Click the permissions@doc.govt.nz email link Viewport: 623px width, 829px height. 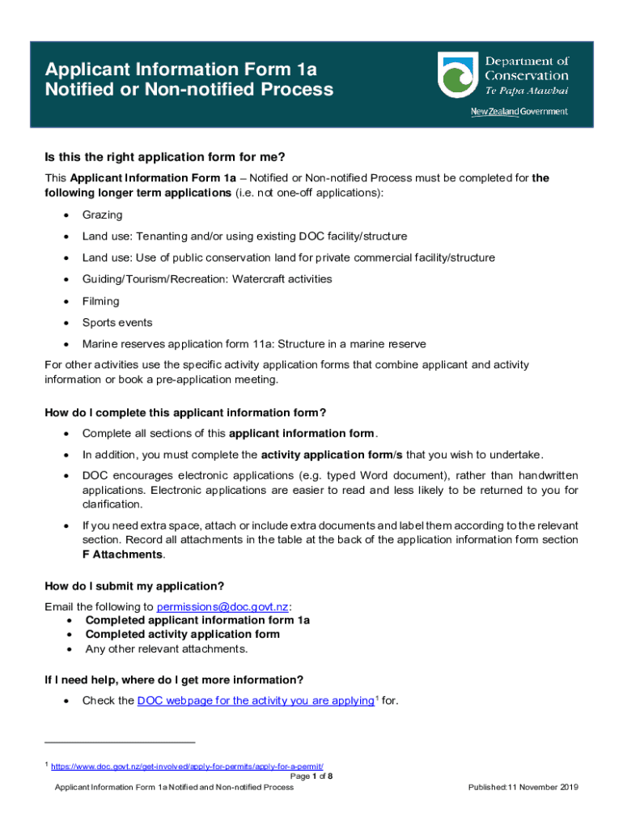coord(222,606)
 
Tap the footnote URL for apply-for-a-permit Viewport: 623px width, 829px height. coord(193,766)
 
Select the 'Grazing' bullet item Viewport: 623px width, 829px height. coord(102,215)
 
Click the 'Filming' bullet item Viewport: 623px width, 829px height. coord(100,301)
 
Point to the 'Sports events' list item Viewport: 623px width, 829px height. coord(117,322)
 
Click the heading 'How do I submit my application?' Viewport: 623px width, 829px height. coord(134,586)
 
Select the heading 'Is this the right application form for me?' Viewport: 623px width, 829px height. coord(165,157)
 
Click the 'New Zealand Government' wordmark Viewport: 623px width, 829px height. coord(519,112)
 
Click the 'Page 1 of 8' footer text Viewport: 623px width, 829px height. coord(311,776)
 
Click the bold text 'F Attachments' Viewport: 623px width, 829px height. coord(123,555)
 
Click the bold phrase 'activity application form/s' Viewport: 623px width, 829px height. coord(331,453)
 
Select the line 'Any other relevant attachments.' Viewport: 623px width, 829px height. coord(166,648)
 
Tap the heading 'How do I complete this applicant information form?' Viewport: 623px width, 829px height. coord(185,413)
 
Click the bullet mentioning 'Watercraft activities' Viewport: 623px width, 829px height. coord(195,279)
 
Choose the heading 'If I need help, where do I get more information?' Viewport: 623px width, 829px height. coord(174,679)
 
